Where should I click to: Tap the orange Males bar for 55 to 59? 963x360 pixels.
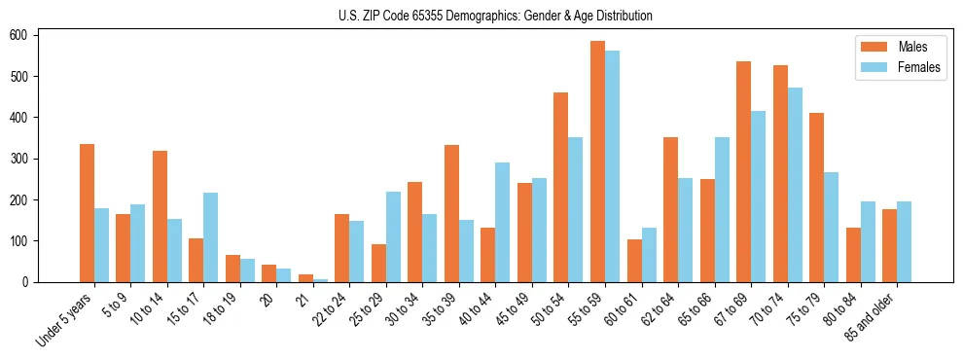(x=597, y=162)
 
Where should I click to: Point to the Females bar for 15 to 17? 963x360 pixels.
(x=210, y=237)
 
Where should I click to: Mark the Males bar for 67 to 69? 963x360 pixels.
(x=743, y=171)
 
